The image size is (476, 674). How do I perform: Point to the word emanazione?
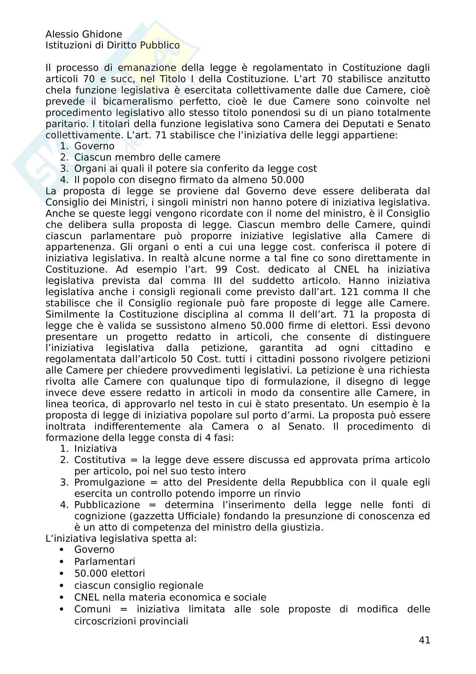(147, 68)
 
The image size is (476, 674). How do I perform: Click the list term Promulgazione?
(109, 482)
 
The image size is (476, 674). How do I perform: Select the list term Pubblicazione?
(107, 505)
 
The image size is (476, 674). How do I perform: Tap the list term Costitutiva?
(100, 460)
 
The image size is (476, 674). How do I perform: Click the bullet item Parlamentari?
(105, 561)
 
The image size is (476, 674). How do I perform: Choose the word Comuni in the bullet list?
(92, 609)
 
